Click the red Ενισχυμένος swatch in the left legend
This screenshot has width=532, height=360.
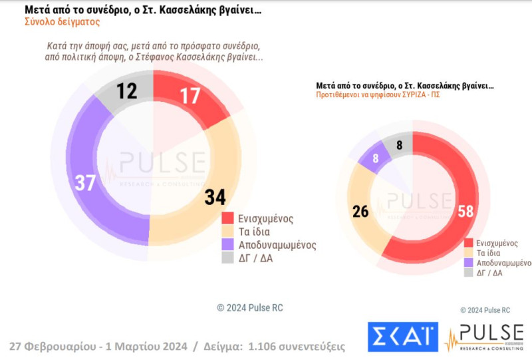tap(227, 218)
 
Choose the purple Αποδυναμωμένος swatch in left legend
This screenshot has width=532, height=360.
tap(227, 244)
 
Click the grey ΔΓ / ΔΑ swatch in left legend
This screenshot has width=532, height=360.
tap(227, 258)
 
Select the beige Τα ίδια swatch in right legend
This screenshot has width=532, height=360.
tap(469, 253)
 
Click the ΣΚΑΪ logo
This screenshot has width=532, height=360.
tap(403, 336)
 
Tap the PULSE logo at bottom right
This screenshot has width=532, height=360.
tap(483, 336)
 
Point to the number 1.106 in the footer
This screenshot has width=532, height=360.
tap(269, 346)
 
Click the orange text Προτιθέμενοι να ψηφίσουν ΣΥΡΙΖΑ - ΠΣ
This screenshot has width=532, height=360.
tap(378, 94)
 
